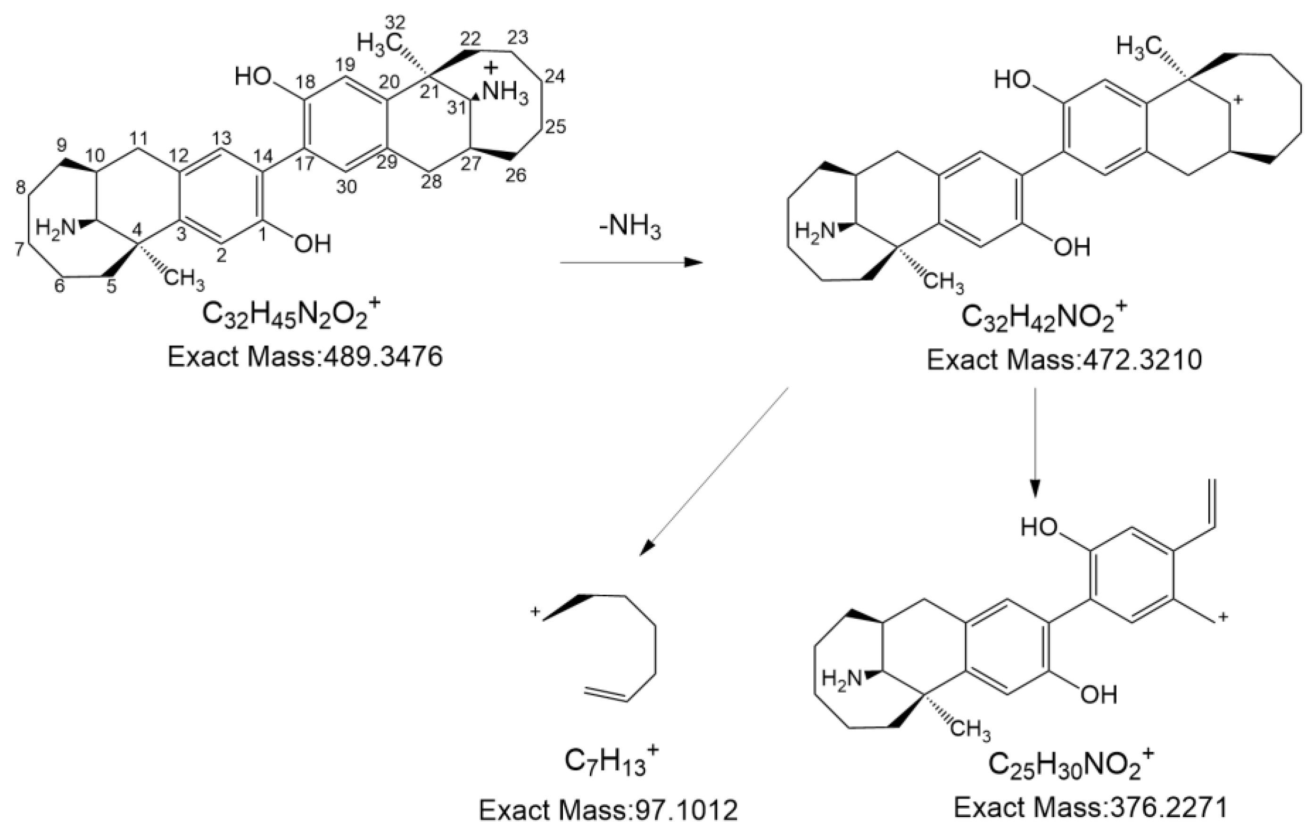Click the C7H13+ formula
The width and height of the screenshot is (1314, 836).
click(x=611, y=761)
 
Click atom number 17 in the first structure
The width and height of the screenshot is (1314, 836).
click(x=304, y=163)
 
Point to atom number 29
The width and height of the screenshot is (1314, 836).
click(x=387, y=162)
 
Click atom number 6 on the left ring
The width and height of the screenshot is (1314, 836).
click(x=59, y=285)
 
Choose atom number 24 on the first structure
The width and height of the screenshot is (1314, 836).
click(x=555, y=77)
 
